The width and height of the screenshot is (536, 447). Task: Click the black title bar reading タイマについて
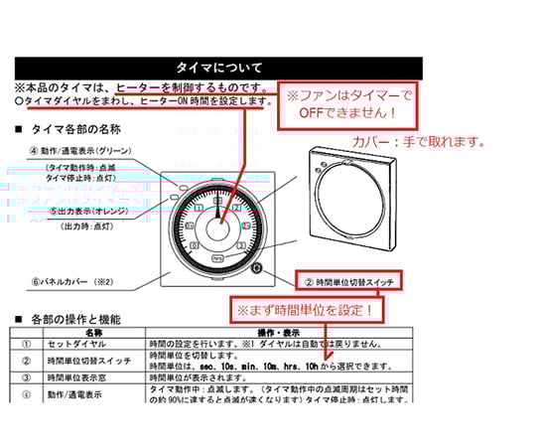tap(218, 68)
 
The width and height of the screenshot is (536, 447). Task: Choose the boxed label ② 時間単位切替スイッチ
tap(351, 281)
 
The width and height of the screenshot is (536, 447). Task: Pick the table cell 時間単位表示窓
tap(79, 378)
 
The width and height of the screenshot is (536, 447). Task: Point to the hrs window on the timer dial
tap(218, 257)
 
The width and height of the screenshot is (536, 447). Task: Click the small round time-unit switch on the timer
tap(256, 268)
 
